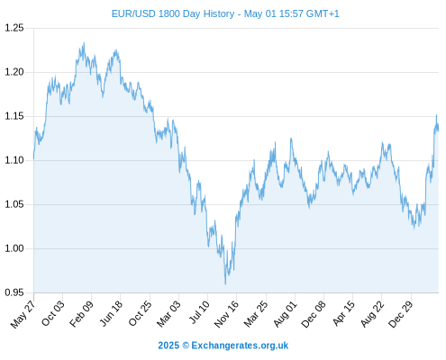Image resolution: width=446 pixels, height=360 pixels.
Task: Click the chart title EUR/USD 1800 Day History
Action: pos(173,13)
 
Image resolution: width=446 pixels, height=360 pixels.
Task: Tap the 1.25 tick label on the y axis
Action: pos(14,28)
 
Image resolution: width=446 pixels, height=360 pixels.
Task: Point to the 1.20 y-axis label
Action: pos(14,72)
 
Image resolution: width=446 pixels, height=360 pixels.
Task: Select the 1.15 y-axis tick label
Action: pos(14,116)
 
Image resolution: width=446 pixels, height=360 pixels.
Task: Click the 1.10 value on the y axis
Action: pos(14,160)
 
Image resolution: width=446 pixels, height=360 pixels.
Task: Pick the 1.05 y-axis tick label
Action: pos(14,204)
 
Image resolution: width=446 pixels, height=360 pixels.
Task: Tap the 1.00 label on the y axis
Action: pos(14,248)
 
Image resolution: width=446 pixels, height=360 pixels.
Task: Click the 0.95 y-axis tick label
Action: pos(14,292)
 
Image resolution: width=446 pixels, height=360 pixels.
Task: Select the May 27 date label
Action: pos(23,314)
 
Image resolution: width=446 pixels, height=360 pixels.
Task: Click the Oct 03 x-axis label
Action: pos(53,313)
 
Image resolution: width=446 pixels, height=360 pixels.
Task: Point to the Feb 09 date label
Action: pos(81,314)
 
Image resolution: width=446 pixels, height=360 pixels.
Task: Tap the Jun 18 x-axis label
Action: pos(111,313)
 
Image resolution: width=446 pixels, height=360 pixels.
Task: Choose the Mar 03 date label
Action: pos(168,314)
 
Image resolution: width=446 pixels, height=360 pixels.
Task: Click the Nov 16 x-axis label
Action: pos(226,314)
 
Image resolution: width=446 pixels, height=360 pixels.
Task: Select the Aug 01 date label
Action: pos(286,314)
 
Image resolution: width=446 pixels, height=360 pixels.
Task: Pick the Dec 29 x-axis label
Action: pos(401,314)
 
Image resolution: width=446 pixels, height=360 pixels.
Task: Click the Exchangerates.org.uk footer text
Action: pos(240,346)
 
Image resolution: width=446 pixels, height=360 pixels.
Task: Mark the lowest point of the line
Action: pos(225,284)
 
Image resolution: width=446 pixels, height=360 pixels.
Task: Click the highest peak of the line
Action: pos(84,42)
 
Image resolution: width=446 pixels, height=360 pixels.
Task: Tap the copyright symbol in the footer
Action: pos(186,346)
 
